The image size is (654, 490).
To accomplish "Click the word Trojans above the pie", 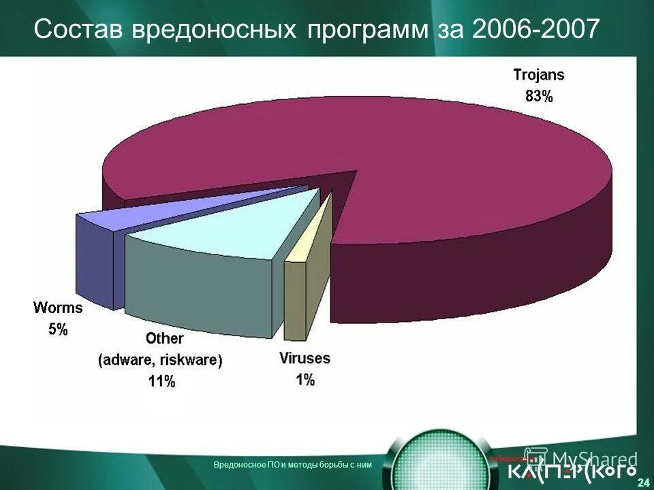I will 538,76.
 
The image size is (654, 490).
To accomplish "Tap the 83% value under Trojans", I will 539,97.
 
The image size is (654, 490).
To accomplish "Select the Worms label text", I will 58,308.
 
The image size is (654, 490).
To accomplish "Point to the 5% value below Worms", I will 58,329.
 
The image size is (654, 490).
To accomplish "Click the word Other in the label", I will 165,338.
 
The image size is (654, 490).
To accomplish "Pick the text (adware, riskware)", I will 161,360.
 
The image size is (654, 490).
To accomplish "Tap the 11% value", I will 161,382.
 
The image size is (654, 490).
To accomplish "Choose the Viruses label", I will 305,358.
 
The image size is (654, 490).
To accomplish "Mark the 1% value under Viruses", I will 305,380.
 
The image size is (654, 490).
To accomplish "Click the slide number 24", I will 642,483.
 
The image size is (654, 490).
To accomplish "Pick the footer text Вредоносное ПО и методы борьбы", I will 292,464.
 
